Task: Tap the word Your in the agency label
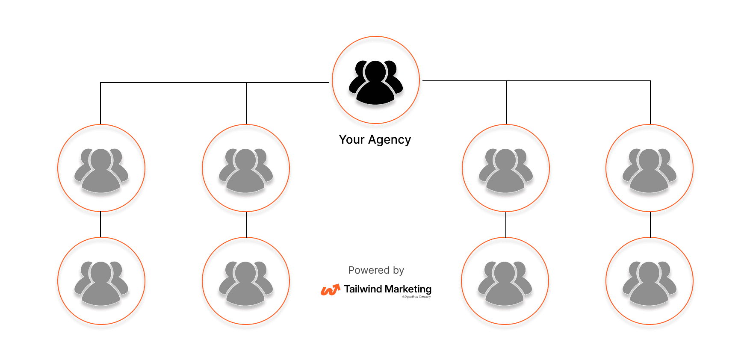[351, 140]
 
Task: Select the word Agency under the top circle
[390, 140]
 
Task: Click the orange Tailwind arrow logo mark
[330, 290]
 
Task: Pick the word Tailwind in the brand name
[363, 289]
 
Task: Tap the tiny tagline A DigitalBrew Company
[416, 297]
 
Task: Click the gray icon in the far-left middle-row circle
[101, 170]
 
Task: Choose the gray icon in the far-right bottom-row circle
[650, 283]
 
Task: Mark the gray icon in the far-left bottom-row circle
[101, 283]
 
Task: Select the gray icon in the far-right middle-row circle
[650, 170]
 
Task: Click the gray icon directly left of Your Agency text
[246, 170]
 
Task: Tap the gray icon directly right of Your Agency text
[506, 170]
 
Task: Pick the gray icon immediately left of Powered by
[246, 283]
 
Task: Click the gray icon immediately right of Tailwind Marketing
[505, 283]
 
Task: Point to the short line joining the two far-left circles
[100, 224]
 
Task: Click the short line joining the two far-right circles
[650, 224]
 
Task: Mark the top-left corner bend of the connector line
[100, 83]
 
